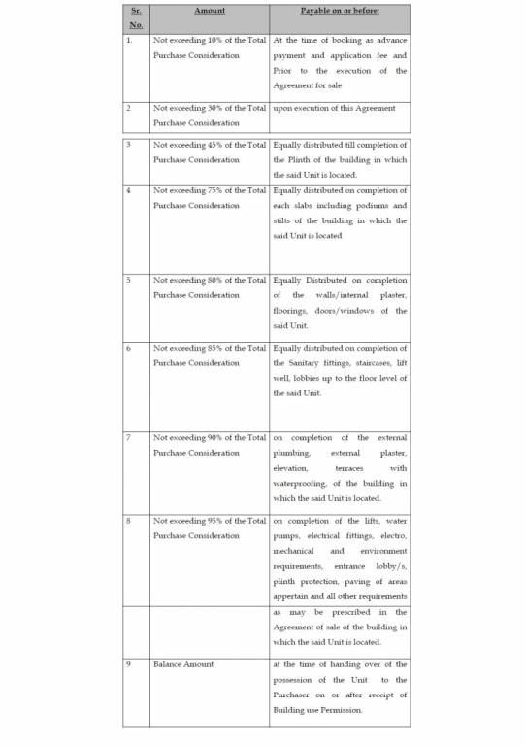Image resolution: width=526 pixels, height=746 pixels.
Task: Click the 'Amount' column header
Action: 210,10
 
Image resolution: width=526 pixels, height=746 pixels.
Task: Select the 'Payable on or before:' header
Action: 339,10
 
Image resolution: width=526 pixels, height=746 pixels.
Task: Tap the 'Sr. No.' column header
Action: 136,17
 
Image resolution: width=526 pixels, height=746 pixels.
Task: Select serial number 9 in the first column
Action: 129,664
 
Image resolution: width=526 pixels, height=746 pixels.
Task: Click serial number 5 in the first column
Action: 129,281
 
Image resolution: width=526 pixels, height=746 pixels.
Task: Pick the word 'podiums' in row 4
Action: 368,206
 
